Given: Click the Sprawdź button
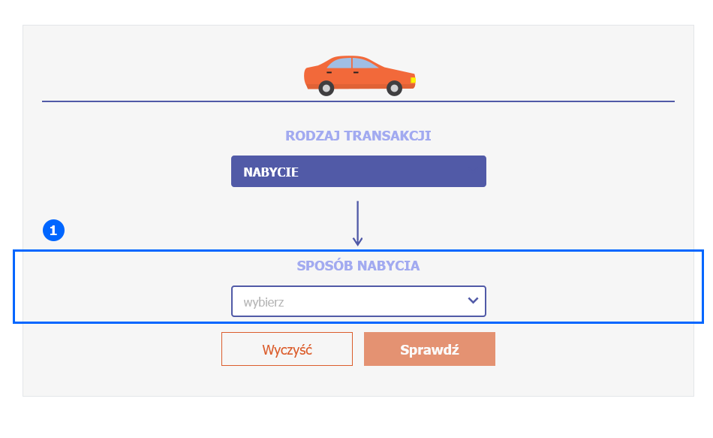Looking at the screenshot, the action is click(429, 349).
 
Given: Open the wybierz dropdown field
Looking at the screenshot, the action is click(358, 301).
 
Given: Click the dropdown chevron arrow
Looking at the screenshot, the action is click(473, 301).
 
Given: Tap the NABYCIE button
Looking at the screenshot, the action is click(358, 171).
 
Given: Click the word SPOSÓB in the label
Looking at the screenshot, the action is click(325, 265).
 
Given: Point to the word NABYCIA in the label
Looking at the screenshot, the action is click(388, 265).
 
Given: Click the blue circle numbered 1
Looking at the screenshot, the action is click(53, 231).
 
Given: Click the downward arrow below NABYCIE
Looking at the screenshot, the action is click(357, 223).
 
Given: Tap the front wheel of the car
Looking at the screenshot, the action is click(394, 88).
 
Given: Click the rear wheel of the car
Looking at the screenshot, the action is click(326, 88).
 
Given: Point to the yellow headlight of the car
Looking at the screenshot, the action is click(413, 80).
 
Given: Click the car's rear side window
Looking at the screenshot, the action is click(340, 63).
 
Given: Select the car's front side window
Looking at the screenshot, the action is click(364, 63).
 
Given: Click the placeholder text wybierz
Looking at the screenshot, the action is click(263, 302).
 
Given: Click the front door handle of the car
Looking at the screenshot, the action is click(356, 72).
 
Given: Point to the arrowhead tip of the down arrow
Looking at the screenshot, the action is click(357, 246).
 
